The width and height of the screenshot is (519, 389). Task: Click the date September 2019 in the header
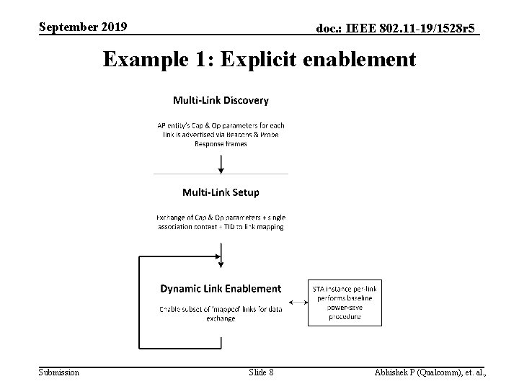83,27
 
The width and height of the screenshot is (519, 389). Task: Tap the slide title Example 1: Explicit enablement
259,58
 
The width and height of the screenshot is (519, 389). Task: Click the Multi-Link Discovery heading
220,100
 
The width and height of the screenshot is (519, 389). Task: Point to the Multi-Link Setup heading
221,192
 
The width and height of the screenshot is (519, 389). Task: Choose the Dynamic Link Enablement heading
221,288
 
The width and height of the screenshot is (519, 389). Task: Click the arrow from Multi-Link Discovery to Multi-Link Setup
221,162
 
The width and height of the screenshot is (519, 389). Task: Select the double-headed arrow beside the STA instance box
296,303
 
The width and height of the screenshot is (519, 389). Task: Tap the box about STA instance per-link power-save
345,303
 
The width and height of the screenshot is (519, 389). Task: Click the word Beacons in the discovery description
246,134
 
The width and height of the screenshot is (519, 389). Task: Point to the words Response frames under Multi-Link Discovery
221,143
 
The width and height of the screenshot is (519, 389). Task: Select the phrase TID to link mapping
257,226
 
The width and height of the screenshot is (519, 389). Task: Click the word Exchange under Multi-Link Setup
172,217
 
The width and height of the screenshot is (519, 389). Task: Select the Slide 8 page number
260,372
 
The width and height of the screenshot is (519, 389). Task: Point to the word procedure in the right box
345,316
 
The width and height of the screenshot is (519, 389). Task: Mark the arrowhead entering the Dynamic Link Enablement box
221,261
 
